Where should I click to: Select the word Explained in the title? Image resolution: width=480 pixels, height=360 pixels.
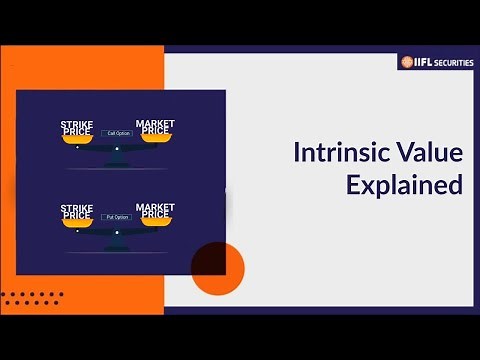pyautogui.click(x=404, y=185)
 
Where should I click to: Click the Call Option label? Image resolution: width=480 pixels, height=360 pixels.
pyautogui.click(x=116, y=133)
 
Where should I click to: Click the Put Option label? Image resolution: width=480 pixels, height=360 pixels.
pyautogui.click(x=116, y=216)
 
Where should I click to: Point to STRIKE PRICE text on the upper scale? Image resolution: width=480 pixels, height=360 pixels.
pyautogui.click(x=77, y=128)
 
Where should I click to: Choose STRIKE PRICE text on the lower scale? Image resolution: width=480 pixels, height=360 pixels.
pyautogui.click(x=77, y=211)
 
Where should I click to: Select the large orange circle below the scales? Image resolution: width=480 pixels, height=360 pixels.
pyautogui.click(x=217, y=268)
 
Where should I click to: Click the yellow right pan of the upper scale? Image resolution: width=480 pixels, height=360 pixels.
pyautogui.click(x=155, y=138)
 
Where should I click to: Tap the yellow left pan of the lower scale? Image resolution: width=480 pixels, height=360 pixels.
pyautogui.click(x=77, y=224)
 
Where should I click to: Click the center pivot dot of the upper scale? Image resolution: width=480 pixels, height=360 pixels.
pyautogui.click(x=116, y=149)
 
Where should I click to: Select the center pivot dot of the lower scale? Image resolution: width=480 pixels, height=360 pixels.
pyautogui.click(x=116, y=232)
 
